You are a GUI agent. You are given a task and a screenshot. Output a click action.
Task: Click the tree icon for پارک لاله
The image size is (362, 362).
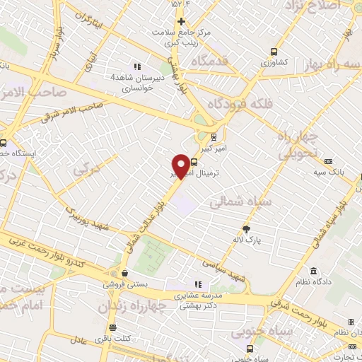coord(246,229)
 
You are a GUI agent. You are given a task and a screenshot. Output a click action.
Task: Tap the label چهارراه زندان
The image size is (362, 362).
coord(153,306)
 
